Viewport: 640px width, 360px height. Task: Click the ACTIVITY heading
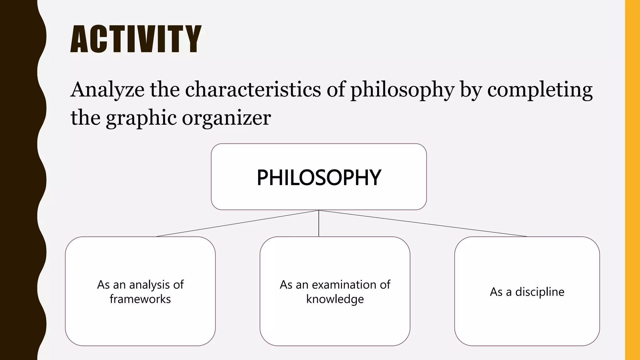coord(136,39)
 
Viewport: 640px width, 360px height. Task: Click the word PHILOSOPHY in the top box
coord(319,177)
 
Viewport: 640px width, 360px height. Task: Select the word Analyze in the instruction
coord(107,90)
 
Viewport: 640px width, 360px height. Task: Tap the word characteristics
coord(253,89)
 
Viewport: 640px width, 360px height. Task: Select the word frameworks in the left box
coord(140,299)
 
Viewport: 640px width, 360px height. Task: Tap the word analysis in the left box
coord(149,285)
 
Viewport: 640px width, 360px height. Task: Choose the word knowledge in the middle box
coord(335,299)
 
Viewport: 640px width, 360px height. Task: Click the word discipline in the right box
coord(540,292)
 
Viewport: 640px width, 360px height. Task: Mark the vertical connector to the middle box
coord(319,223)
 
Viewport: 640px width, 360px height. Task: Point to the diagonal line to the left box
coord(237,223)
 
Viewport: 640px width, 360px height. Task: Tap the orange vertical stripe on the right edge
coord(632,180)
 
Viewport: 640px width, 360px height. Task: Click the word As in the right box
coord(496,292)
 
